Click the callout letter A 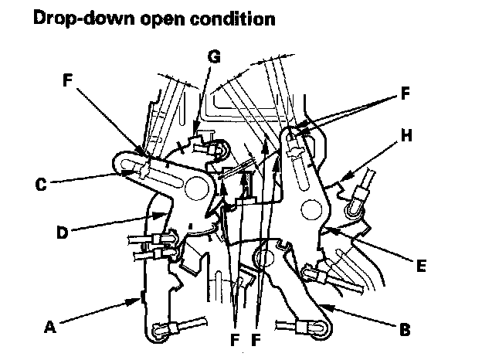tap(52, 327)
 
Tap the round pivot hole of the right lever tap(314, 206)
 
